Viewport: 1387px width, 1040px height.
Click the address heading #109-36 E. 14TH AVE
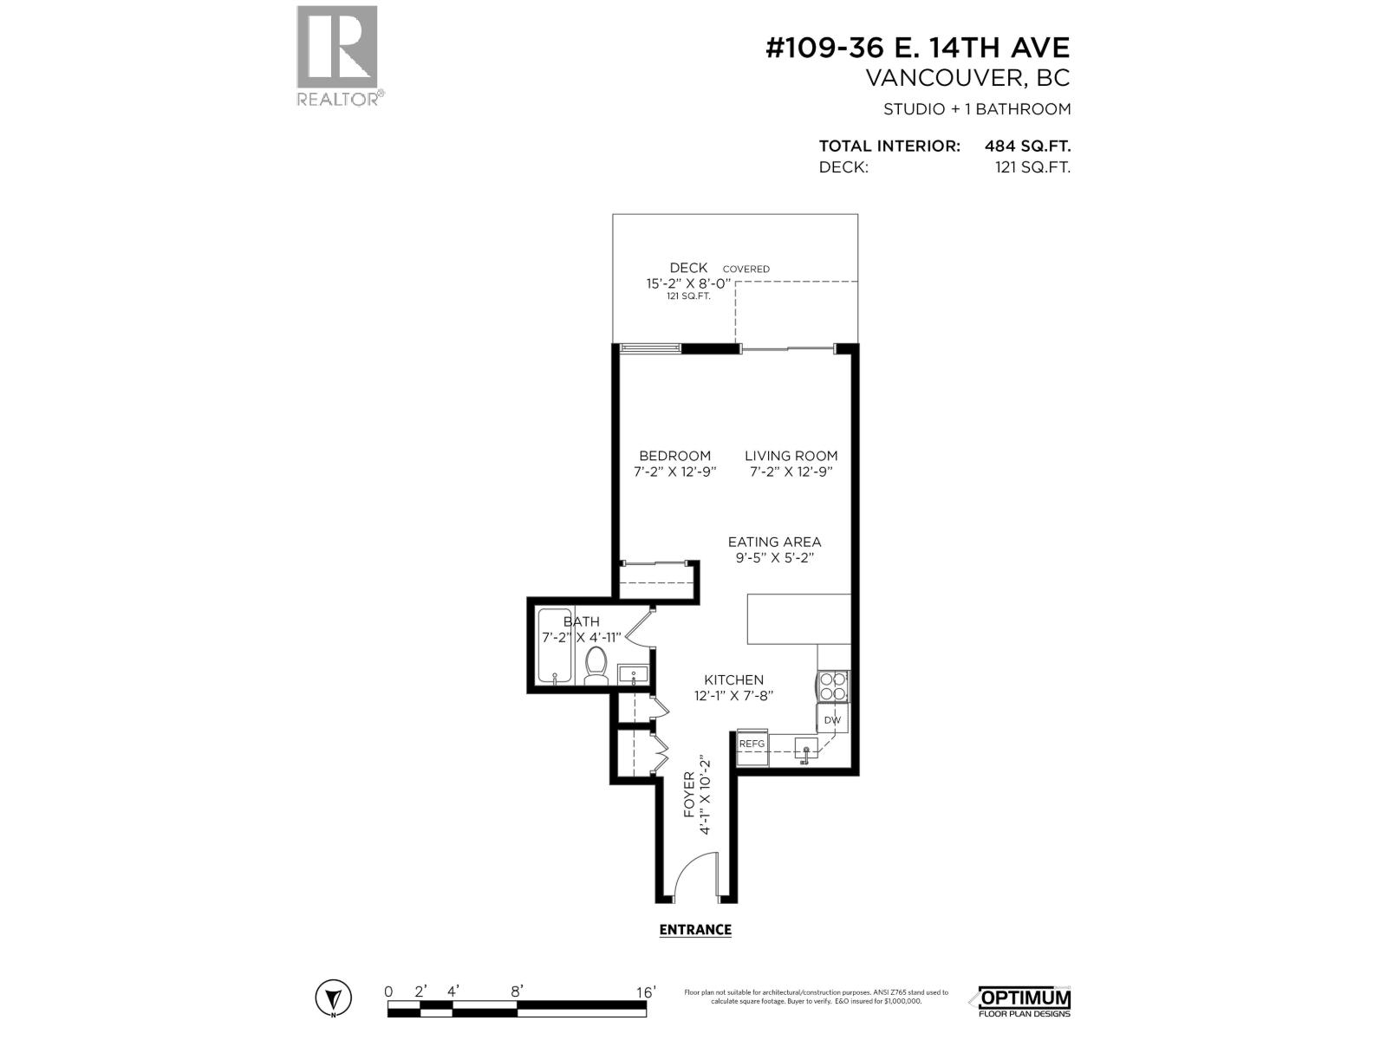click(918, 47)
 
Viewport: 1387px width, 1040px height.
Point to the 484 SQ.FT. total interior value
click(1027, 146)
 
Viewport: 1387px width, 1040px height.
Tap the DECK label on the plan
click(688, 268)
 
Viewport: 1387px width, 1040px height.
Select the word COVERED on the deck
click(746, 269)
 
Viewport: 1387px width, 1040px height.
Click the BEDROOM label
click(674, 455)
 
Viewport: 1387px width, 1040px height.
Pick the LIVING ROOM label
click(791, 455)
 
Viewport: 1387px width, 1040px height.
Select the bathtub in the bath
click(551, 646)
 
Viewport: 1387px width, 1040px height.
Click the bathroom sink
click(633, 673)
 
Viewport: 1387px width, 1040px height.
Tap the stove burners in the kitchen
click(833, 686)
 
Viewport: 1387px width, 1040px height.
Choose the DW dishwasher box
click(832, 719)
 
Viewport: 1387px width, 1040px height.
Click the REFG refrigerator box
click(752, 744)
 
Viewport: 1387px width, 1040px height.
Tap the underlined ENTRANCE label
click(695, 930)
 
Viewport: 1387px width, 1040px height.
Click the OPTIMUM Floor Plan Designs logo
click(1024, 1001)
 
